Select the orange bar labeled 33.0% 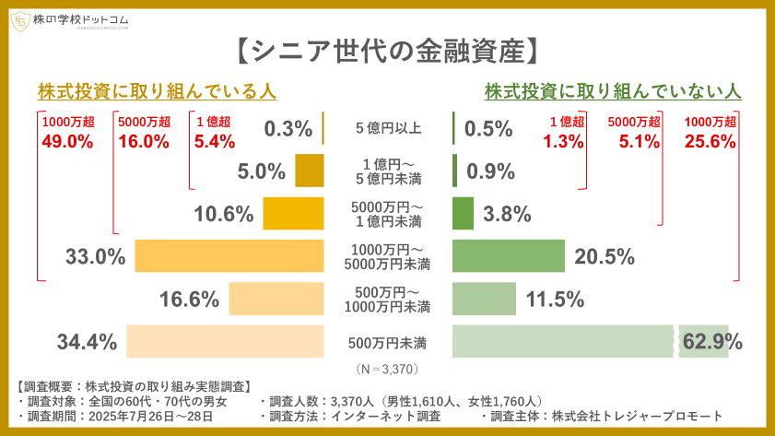[x=229, y=255]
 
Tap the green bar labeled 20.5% [x=508, y=255]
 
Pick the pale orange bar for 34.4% [x=225, y=342]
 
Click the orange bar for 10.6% [x=293, y=213]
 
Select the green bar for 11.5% [x=484, y=299]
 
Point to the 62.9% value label [x=712, y=342]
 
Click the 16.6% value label [x=189, y=299]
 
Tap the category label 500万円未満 [x=387, y=343]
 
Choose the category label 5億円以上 [x=388, y=128]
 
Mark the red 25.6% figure [x=710, y=141]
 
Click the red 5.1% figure [x=633, y=141]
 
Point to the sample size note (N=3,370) [x=387, y=369]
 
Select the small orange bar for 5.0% [x=310, y=171]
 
